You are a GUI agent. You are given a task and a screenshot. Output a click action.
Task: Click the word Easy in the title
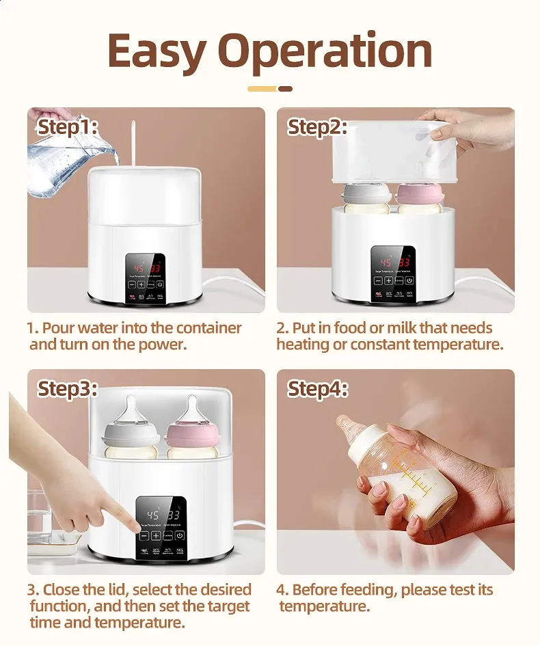pyautogui.click(x=157, y=51)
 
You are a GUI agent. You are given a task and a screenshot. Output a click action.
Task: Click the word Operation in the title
pyautogui.click(x=325, y=52)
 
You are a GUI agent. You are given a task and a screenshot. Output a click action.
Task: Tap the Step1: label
pyautogui.click(x=68, y=127)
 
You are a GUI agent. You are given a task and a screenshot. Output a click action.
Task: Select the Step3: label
pyautogui.click(x=68, y=389)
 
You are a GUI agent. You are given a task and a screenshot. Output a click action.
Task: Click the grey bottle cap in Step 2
pyautogui.click(x=366, y=194)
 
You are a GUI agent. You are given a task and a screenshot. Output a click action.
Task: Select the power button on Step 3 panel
pyautogui.click(x=180, y=536)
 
